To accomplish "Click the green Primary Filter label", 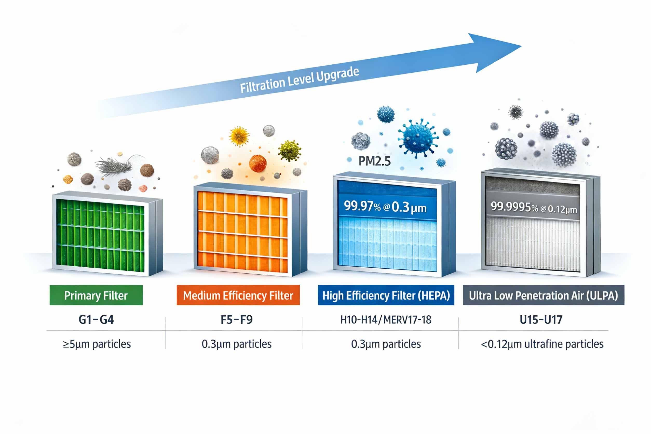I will click(x=96, y=295).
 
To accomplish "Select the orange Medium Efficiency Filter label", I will click(x=238, y=295).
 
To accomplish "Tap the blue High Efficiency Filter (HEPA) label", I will click(x=386, y=295).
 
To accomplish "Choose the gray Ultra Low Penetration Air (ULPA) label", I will click(x=543, y=295).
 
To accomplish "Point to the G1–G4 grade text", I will click(x=96, y=320).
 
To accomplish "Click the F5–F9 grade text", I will click(x=236, y=320).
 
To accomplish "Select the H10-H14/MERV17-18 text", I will click(x=386, y=320).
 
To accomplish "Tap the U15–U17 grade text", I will click(x=541, y=320).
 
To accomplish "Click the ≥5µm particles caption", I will click(x=97, y=344).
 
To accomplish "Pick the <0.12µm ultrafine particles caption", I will click(x=542, y=344).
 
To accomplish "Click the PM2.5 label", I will click(x=375, y=161).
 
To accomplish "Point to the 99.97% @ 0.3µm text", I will click(x=385, y=207).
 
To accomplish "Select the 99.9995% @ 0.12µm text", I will click(x=534, y=208).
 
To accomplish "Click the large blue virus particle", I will click(x=418, y=138).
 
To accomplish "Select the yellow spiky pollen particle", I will click(x=239, y=136).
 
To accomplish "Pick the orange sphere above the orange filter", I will click(x=258, y=163).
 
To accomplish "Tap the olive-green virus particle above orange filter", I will click(x=289, y=151).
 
